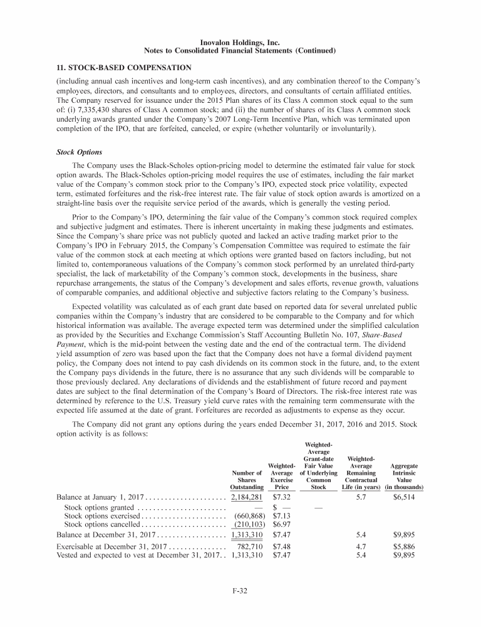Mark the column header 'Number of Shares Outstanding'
pyautogui.click(x=246, y=478)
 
